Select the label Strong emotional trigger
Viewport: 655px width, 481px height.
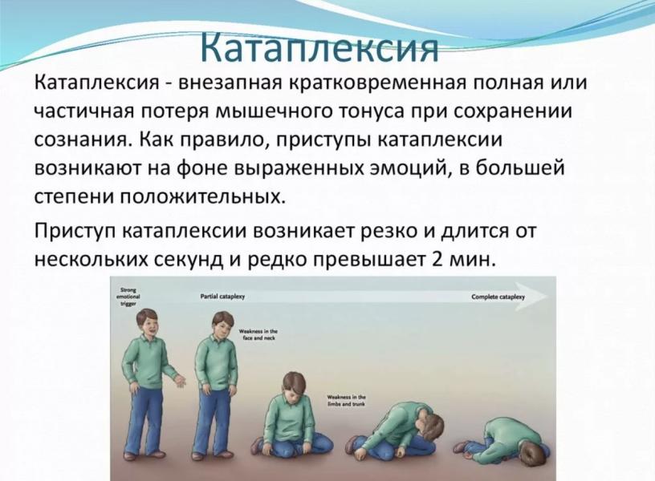[x=129, y=297]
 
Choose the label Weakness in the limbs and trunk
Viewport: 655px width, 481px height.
[x=347, y=401]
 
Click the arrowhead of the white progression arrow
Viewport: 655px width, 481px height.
[x=539, y=296]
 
